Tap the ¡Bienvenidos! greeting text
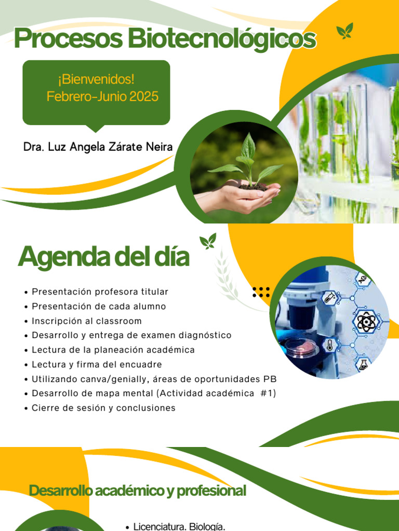(96, 80)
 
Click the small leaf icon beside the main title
(344, 31)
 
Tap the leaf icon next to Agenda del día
(208, 241)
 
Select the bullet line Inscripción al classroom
(86, 321)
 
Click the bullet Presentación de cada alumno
(99, 306)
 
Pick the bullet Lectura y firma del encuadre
(97, 365)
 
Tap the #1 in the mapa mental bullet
(267, 394)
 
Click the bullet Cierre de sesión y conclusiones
(103, 408)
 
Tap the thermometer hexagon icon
(329, 345)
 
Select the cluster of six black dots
(261, 292)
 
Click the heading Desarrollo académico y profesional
(137, 491)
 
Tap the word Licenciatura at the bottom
(158, 527)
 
